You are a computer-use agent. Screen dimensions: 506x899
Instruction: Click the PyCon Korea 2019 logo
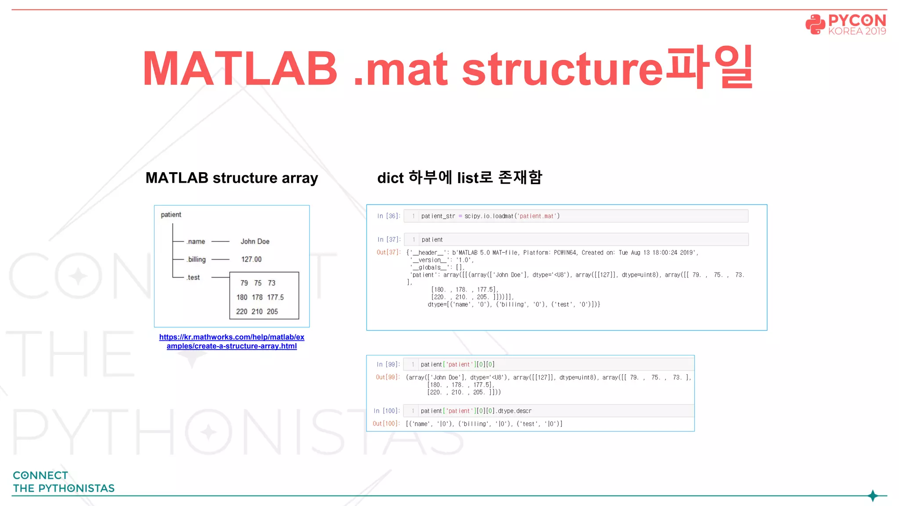tap(845, 24)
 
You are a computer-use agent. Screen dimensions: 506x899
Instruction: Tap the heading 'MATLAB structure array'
tap(232, 178)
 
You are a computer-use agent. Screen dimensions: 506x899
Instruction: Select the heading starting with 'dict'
tap(460, 178)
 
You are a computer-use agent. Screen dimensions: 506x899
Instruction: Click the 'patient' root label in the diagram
tap(171, 215)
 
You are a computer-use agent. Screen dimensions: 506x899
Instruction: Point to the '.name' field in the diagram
tap(196, 242)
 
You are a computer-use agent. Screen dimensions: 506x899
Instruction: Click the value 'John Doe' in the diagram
tap(255, 242)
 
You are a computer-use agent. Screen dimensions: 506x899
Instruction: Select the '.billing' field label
tap(196, 260)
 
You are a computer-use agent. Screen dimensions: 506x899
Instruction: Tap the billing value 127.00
tap(251, 260)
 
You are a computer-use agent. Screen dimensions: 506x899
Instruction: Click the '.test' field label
tap(193, 278)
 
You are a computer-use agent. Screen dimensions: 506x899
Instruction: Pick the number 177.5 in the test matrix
tap(275, 297)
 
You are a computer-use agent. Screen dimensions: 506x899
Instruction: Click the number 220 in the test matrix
tap(241, 311)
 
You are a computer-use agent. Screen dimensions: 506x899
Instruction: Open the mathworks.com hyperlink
tap(232, 341)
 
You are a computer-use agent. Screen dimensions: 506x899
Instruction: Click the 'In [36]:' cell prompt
tap(388, 216)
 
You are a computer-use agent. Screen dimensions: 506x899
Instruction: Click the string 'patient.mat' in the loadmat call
tap(537, 216)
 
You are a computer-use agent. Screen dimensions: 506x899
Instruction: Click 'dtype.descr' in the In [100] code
tap(514, 411)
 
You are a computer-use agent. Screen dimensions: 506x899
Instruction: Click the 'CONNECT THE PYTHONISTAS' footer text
tap(64, 482)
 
